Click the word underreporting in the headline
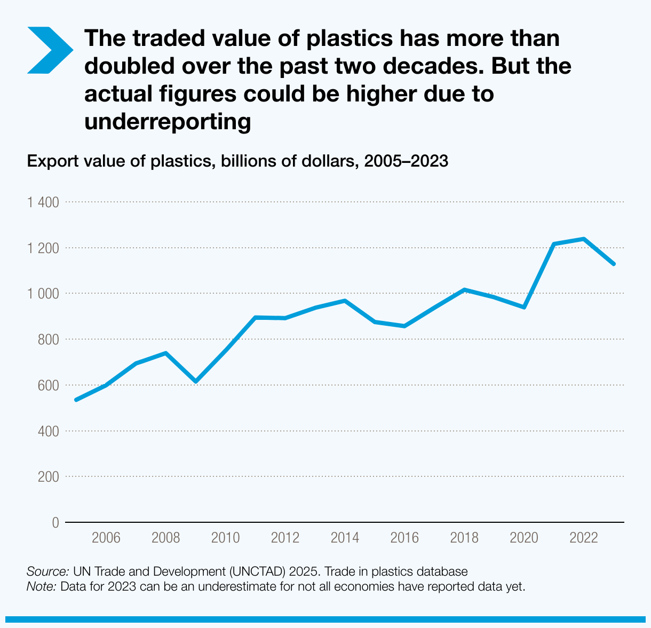[x=168, y=122]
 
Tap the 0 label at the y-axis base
[x=55, y=522]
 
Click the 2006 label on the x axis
[x=106, y=538]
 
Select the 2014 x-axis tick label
[x=345, y=538]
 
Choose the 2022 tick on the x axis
[x=584, y=538]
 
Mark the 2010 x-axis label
[x=226, y=538]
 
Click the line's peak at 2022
[x=584, y=239]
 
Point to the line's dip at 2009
[x=196, y=381]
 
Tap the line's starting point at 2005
[x=76, y=399]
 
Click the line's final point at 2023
[x=614, y=264]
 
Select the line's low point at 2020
[x=525, y=307]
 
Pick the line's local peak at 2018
[x=465, y=289]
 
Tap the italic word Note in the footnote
[x=41, y=586]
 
